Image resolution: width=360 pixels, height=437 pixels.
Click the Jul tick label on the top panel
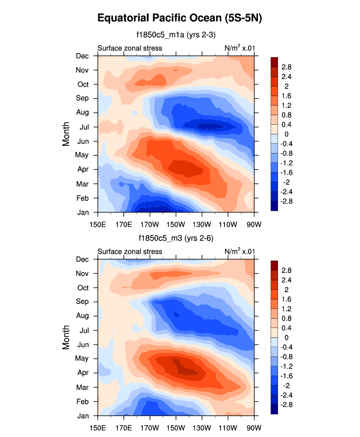pos(83,127)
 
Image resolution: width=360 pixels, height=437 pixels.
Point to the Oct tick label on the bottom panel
pos(83,288)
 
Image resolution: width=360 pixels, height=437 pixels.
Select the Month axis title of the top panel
pos(67,134)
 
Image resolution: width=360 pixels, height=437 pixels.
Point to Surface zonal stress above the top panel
pos(130,48)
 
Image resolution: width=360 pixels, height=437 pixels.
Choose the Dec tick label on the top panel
pos(82,55)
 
